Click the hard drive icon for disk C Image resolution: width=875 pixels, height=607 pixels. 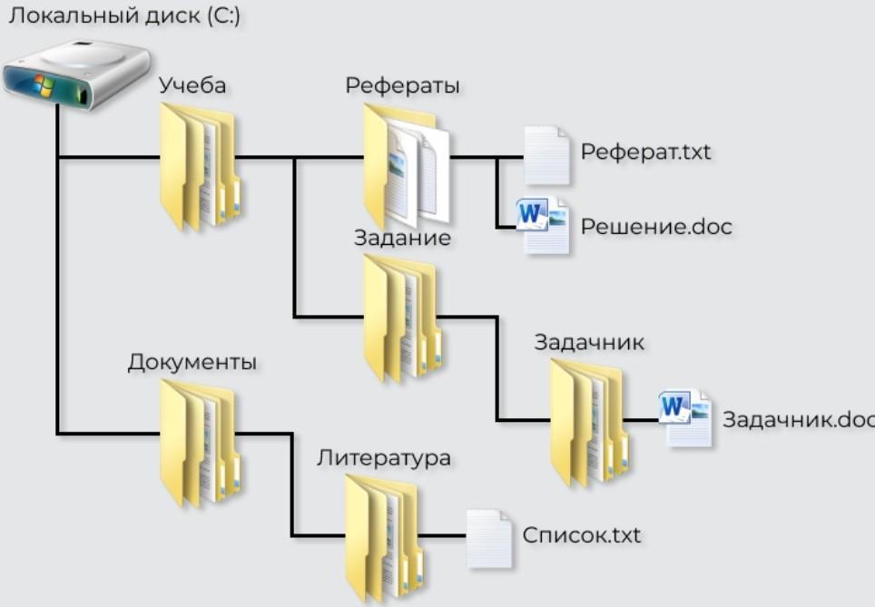77,74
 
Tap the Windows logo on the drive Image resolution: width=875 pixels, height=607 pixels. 44,84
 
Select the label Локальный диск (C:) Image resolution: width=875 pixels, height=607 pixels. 124,15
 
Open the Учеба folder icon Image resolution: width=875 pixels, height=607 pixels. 201,167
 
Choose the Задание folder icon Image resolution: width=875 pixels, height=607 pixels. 403,318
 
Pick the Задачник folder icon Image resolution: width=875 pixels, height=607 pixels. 589,422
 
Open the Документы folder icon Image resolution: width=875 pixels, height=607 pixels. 201,444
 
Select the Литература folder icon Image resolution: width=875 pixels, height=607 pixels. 385,538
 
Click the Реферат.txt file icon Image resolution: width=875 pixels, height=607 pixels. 546,155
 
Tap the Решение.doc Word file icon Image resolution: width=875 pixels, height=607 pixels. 543,225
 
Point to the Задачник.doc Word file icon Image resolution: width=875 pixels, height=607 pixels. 685,418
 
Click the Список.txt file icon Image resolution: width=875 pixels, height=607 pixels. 489,538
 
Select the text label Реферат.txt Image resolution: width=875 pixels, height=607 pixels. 645,152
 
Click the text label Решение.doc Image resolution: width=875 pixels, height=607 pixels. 656,227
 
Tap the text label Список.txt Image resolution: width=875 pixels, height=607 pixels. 582,535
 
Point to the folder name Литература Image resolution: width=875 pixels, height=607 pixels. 384,458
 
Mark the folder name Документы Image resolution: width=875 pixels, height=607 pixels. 192,363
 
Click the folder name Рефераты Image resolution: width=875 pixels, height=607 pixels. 402,86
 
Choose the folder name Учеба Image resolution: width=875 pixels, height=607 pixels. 192,85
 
